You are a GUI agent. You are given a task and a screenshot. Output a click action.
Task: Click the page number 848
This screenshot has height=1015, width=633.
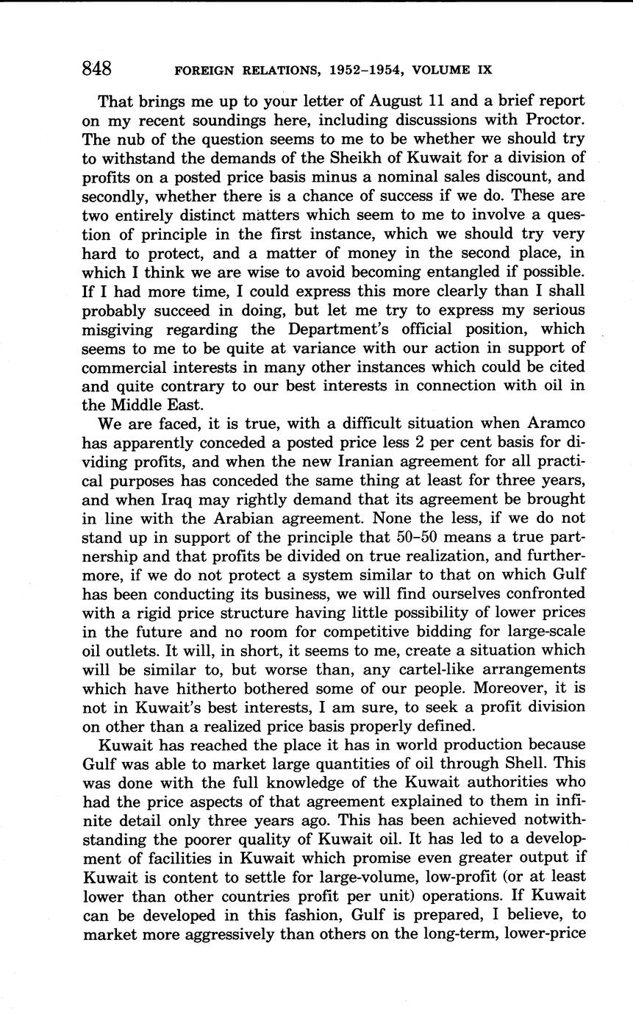[97, 69]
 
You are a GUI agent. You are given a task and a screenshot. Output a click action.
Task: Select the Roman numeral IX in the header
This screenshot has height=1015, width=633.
[482, 71]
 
